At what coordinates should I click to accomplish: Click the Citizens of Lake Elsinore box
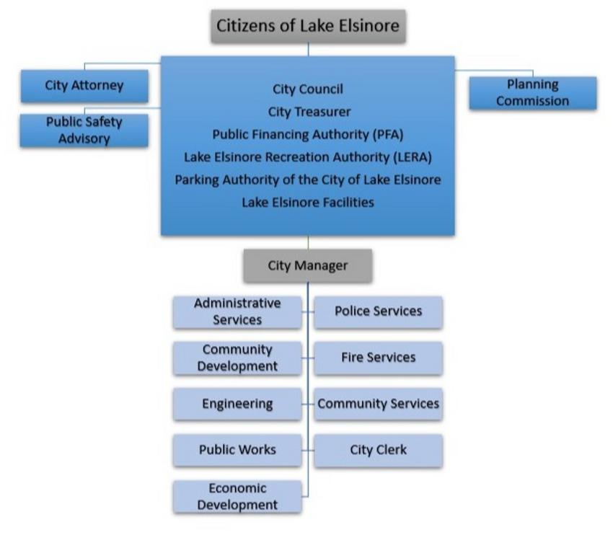[309, 27]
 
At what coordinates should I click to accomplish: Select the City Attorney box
[84, 86]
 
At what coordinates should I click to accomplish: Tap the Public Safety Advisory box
[84, 130]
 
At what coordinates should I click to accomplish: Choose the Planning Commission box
[532, 93]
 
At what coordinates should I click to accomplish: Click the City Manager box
[308, 265]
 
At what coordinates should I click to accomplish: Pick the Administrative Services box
[237, 311]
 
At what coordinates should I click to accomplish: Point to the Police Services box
[379, 311]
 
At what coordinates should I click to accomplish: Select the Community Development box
[237, 358]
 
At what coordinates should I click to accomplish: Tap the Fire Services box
[379, 358]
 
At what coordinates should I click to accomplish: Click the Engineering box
[237, 404]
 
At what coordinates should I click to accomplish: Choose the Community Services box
[379, 404]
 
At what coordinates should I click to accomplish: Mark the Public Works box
[237, 450]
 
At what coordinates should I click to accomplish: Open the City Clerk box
[379, 450]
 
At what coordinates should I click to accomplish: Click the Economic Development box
[237, 497]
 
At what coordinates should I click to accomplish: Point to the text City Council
[308, 89]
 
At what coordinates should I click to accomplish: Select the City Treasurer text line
[308, 112]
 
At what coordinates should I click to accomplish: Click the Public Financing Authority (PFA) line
[308, 134]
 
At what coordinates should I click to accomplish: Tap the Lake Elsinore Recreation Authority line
[308, 156]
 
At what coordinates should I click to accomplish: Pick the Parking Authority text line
[308, 179]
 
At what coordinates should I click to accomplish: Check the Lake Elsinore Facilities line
[308, 202]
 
